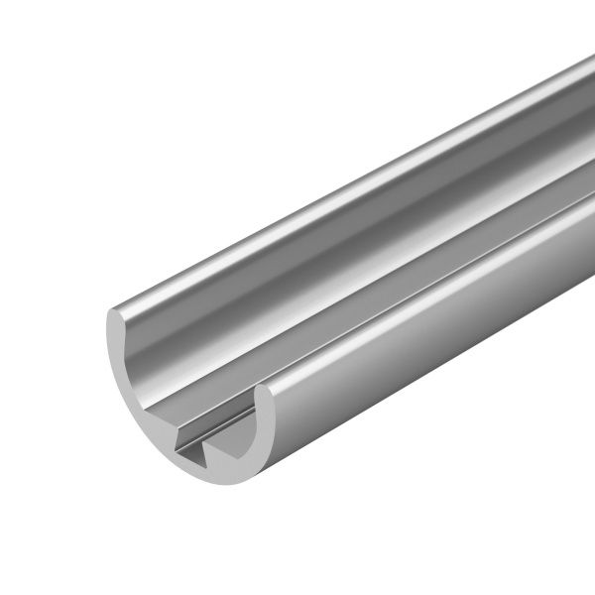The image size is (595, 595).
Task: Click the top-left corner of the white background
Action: click(x=3, y=3)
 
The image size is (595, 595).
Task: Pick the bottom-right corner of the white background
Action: click(x=591, y=591)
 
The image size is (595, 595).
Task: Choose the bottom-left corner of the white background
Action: click(x=3, y=591)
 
